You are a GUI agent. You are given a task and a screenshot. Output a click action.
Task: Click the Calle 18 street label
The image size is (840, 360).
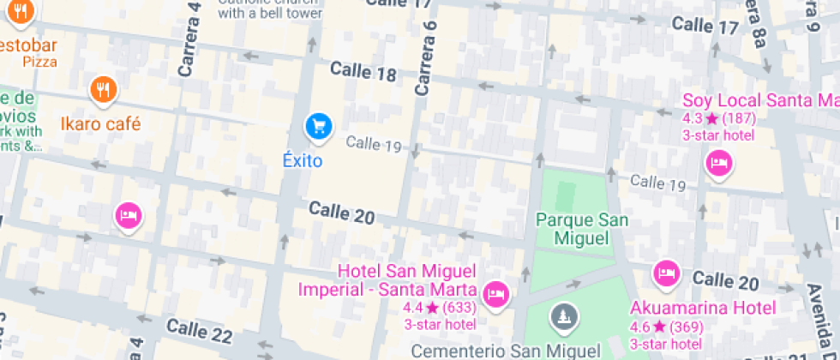[x=363, y=72]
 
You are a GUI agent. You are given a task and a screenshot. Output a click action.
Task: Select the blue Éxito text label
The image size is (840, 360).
[x=303, y=160]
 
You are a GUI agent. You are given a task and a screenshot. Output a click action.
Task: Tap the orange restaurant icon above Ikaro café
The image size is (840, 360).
[x=103, y=89]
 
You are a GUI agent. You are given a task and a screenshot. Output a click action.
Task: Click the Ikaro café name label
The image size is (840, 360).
[x=100, y=123]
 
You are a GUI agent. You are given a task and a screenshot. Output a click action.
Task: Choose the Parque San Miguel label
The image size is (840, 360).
[x=582, y=229]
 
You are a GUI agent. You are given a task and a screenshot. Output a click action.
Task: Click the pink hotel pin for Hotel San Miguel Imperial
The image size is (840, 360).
[x=495, y=294]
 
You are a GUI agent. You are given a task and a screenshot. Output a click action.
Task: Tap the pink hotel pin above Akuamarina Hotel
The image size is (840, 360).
[x=666, y=274]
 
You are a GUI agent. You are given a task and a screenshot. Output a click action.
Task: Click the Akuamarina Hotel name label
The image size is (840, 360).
[x=703, y=308]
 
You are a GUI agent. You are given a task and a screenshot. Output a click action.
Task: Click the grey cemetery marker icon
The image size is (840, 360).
[x=563, y=316]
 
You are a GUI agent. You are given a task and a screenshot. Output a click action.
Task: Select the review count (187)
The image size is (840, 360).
[x=739, y=118]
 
